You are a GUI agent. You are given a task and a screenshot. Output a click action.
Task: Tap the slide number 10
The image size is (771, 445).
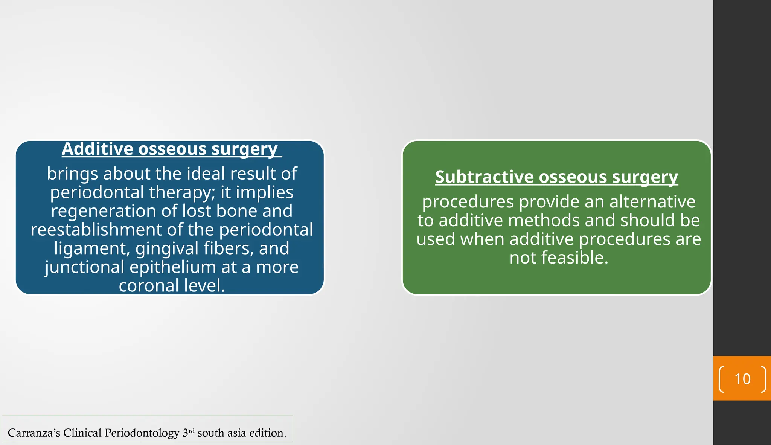point(742,379)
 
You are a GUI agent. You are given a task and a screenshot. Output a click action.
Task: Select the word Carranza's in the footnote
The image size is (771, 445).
point(34,433)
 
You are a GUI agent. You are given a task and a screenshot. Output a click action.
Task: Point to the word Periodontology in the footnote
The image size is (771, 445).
point(142,433)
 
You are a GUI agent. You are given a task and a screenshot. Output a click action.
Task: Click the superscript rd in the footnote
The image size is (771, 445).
point(191,430)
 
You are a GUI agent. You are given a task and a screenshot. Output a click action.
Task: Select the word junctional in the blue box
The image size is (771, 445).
point(84,267)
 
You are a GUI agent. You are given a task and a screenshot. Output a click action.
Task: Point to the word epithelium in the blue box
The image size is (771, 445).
point(172,267)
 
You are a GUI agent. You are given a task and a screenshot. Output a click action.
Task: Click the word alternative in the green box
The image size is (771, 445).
point(652,202)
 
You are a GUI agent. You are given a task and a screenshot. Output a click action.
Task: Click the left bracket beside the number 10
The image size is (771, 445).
point(721,379)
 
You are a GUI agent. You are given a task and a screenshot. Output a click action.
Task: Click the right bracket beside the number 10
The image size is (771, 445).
point(763,379)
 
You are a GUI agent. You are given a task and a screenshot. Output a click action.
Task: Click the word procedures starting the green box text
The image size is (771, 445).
point(468,202)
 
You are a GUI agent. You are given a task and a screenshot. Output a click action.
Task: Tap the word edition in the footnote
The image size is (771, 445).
point(267,433)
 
